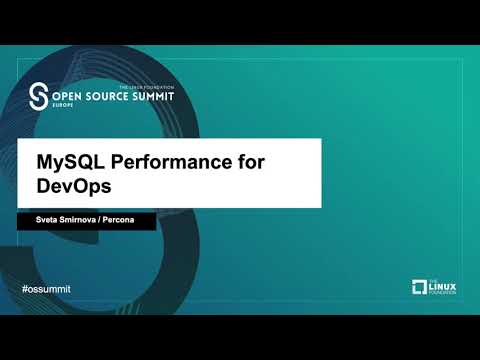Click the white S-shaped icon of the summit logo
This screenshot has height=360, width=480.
(39, 95)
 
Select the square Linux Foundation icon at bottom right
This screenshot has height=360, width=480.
(420, 288)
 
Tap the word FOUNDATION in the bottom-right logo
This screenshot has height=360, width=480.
(446, 294)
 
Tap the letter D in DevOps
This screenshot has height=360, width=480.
(43, 185)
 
